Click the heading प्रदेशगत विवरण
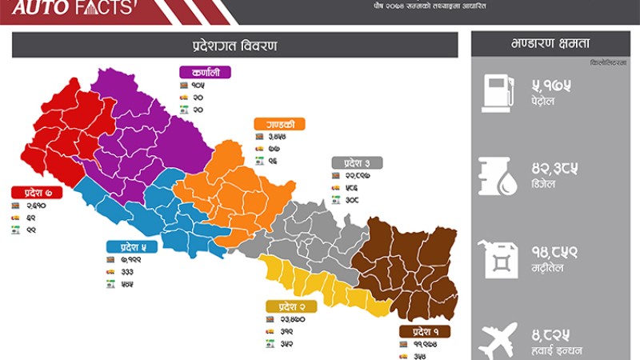[234, 45]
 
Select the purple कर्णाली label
[206, 72]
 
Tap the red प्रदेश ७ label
[37, 192]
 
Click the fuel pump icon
[497, 90]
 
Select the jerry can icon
[498, 258]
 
